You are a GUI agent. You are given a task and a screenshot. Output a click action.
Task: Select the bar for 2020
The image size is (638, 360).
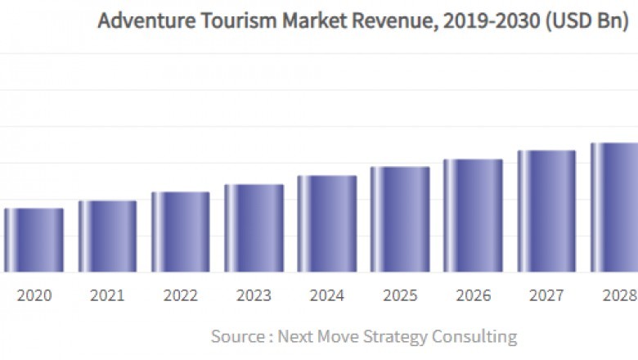pyautogui.click(x=34, y=241)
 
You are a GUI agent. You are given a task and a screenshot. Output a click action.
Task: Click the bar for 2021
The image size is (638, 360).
pyautogui.click(x=107, y=236)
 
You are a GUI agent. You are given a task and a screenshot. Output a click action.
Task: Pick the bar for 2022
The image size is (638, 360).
pyautogui.click(x=180, y=232)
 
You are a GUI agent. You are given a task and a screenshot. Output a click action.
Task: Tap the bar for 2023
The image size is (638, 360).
pyautogui.click(x=254, y=228)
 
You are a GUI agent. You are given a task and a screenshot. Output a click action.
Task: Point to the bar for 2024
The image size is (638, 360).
pyautogui.click(x=327, y=224)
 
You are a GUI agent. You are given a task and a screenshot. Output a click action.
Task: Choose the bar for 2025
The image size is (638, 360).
pyautogui.click(x=400, y=219)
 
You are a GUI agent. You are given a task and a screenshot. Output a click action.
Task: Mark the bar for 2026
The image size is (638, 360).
pyautogui.click(x=473, y=215)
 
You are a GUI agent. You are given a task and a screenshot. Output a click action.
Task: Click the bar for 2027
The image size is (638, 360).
pyautogui.click(x=546, y=211)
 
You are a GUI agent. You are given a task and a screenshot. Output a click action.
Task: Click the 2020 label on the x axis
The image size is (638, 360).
pyautogui.click(x=34, y=295)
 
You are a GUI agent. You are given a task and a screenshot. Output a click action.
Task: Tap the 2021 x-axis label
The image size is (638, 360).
pyautogui.click(x=107, y=295)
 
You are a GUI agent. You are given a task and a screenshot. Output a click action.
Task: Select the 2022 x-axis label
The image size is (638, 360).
pyautogui.click(x=180, y=295)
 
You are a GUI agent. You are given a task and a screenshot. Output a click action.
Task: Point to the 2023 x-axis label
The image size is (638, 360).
pyautogui.click(x=254, y=295)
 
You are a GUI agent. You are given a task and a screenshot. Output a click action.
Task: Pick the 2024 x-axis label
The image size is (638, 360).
pyautogui.click(x=327, y=295)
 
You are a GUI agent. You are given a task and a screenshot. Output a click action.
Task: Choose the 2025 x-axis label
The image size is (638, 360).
pyautogui.click(x=400, y=295)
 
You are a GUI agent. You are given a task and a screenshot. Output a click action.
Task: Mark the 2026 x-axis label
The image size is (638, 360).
pyautogui.click(x=473, y=295)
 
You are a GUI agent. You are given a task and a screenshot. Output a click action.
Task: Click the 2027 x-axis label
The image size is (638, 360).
pyautogui.click(x=546, y=295)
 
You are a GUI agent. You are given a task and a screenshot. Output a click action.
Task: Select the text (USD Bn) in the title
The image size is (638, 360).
pyautogui.click(x=585, y=21)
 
